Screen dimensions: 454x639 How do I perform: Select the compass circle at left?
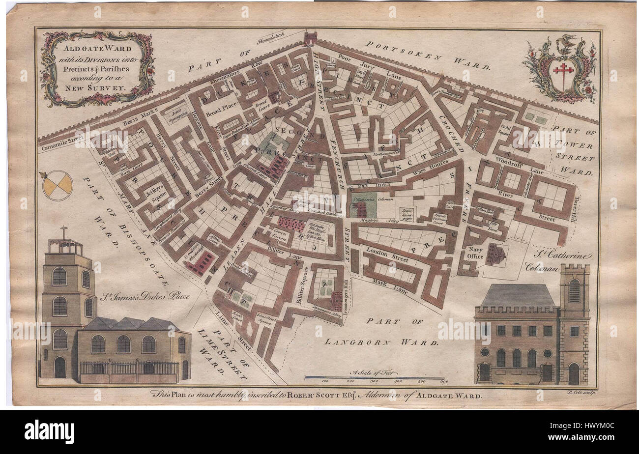pos(58,186)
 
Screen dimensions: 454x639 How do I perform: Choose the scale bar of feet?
pos(374,378)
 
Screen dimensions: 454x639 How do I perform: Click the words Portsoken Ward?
pos(428,55)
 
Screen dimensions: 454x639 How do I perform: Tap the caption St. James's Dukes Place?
pos(145,296)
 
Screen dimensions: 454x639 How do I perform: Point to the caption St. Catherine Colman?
pos(559,261)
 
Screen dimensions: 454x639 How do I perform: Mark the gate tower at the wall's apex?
pos(311,38)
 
